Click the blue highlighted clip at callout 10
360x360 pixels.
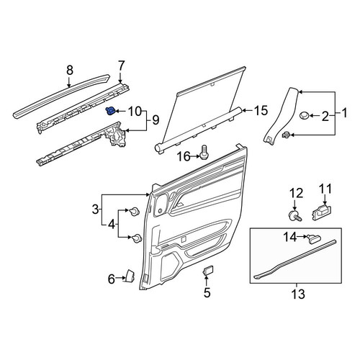(110, 111)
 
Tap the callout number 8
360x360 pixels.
(69, 71)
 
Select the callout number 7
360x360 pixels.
(121, 66)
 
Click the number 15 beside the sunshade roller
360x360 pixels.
(261, 111)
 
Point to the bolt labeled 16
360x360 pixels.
(204, 152)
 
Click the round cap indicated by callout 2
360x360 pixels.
(305, 115)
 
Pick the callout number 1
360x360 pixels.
(344, 113)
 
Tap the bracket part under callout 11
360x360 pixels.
(322, 212)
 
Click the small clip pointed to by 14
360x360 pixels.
(312, 238)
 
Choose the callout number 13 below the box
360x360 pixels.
(298, 294)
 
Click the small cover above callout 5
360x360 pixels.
(208, 271)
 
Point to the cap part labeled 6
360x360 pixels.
(130, 276)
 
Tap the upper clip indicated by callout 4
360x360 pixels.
(135, 212)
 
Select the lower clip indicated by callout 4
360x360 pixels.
(136, 238)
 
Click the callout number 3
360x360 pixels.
(96, 210)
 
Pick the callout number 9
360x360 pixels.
(156, 120)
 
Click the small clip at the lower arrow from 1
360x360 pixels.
(287, 135)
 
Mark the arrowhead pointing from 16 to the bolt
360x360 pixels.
(198, 157)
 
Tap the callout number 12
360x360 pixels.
(297, 194)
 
